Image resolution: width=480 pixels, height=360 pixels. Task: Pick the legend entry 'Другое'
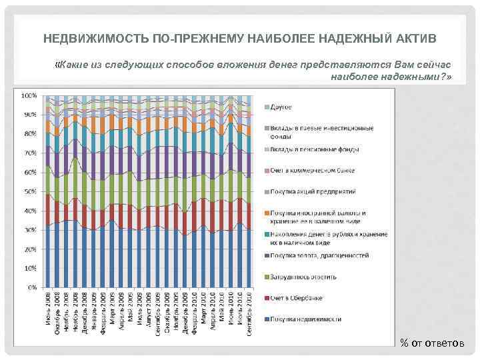[282, 107]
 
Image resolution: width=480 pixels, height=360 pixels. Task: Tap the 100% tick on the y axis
[29, 95]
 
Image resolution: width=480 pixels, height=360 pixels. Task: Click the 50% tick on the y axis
[30, 192]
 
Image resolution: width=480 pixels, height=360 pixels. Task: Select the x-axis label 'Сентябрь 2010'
[249, 312]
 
